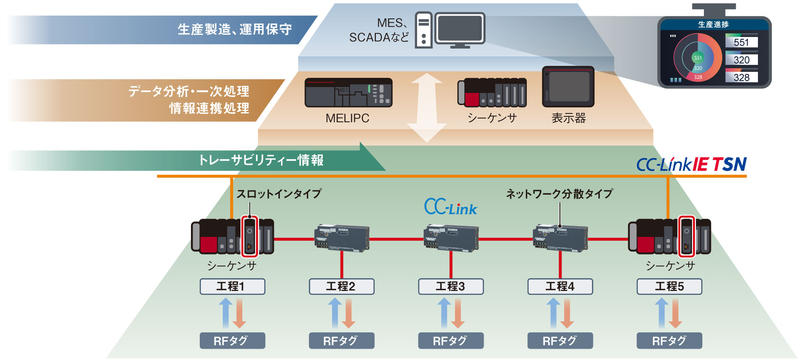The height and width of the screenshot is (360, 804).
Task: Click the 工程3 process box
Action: click(451, 287)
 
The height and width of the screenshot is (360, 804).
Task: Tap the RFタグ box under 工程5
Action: click(669, 341)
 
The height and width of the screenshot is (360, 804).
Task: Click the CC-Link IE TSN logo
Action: click(691, 165)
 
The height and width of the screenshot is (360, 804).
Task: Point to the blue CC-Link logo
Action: click(451, 207)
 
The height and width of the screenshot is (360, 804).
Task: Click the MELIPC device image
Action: click(348, 93)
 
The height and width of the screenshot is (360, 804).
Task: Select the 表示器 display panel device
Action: click(568, 87)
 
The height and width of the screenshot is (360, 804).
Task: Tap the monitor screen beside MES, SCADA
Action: click(459, 28)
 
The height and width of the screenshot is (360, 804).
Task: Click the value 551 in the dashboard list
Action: click(741, 42)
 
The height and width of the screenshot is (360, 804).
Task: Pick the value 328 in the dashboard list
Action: click(741, 77)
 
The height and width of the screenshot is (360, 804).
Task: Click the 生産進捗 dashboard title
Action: click(714, 25)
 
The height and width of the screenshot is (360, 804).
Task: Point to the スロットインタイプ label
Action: click(279, 194)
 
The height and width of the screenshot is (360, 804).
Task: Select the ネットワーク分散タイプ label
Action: click(559, 194)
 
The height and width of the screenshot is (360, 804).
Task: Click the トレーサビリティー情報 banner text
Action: click(261, 160)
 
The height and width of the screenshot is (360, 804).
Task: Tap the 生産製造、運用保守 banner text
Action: click(234, 29)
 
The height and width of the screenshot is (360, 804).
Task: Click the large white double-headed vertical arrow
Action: click(427, 108)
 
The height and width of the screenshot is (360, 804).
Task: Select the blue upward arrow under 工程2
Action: click(335, 312)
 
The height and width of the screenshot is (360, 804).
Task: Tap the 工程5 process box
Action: click(669, 287)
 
